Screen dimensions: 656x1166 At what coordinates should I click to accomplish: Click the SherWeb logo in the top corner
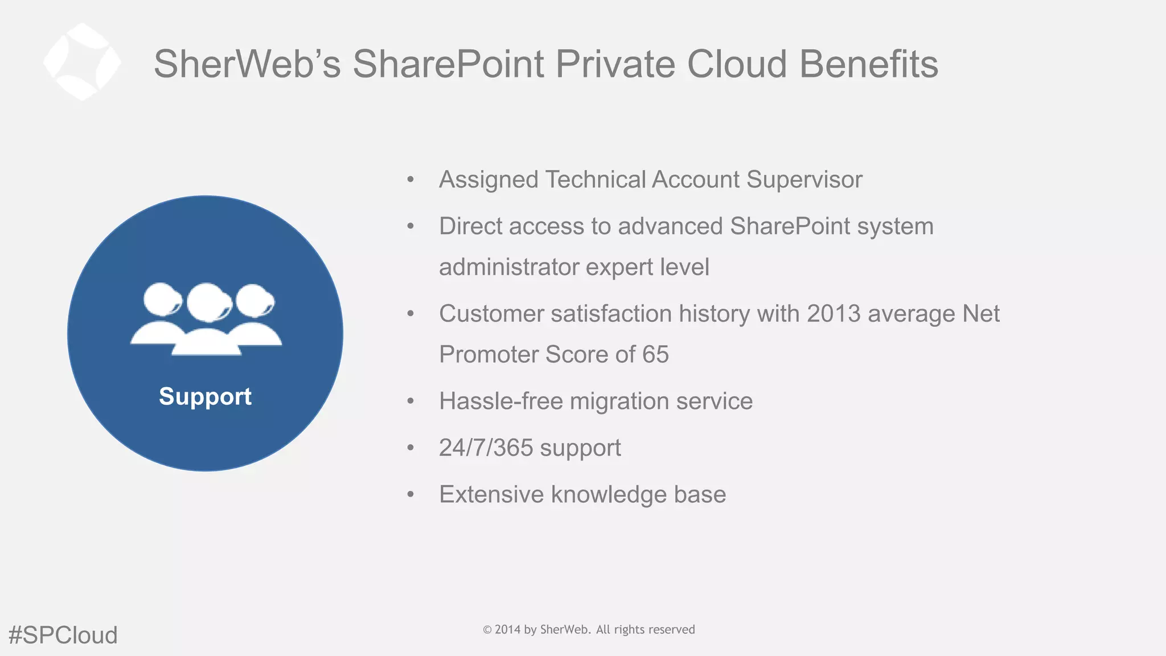[82, 62]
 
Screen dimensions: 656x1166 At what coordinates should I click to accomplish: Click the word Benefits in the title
[869, 64]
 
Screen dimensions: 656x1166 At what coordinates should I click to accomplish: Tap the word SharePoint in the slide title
[448, 64]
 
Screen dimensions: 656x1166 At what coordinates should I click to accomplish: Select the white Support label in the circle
[205, 396]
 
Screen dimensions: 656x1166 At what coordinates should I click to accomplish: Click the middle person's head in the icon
[207, 302]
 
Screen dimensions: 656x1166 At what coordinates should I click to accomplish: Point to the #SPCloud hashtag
[63, 635]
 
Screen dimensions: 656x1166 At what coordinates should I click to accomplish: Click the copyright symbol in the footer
[487, 630]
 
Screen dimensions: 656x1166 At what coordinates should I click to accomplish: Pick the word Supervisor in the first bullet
[804, 179]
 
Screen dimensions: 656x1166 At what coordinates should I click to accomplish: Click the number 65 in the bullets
[655, 354]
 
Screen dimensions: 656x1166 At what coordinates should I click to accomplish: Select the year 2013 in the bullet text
[834, 314]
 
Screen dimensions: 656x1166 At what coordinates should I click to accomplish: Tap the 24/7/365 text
[486, 448]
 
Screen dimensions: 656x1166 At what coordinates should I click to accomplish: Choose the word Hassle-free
[501, 401]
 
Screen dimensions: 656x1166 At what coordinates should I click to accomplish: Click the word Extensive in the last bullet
[491, 494]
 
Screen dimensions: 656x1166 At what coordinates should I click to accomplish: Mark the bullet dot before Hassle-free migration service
[410, 401]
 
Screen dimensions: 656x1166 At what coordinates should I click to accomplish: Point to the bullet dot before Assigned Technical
[410, 180]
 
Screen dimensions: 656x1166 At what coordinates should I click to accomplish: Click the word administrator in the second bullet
[508, 267]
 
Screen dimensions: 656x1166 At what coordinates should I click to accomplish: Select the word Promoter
[488, 354]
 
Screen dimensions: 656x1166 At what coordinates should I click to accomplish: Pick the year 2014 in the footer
[507, 630]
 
